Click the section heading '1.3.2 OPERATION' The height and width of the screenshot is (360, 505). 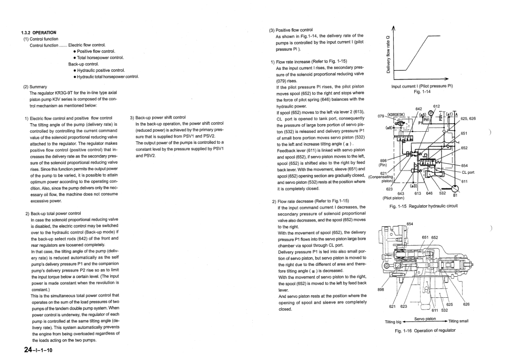(39, 33)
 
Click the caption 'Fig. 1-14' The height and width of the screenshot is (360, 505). (422, 92)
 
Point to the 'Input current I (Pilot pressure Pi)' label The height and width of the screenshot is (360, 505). (422, 86)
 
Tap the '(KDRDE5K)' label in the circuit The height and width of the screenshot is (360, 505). (396, 115)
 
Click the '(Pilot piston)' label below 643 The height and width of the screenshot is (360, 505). (393, 198)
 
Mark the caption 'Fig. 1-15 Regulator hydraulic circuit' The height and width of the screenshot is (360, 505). (423, 206)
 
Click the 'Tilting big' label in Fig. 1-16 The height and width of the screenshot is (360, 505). (394, 322)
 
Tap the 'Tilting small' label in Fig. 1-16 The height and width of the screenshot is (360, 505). (459, 322)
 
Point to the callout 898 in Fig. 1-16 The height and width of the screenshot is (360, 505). (381, 289)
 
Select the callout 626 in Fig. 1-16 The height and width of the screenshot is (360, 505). (466, 304)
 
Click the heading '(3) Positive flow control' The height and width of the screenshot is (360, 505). (291, 30)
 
